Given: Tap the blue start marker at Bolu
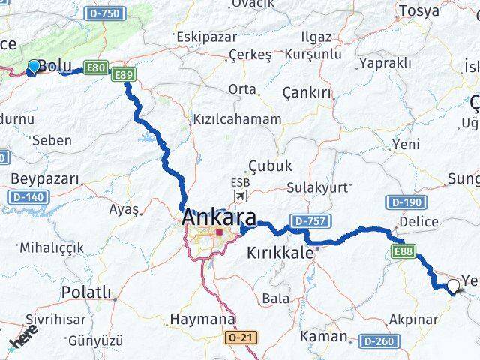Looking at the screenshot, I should click(33, 67).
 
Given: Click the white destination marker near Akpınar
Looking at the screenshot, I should click(453, 286).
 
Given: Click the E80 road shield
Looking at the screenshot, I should click(96, 68).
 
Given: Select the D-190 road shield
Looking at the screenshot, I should click(406, 202).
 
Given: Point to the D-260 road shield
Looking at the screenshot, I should click(376, 340).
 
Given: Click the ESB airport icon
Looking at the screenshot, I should click(240, 196).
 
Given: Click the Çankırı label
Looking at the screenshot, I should click(307, 92).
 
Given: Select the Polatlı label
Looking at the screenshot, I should click(85, 292).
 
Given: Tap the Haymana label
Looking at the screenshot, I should click(202, 319).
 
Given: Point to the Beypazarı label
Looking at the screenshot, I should click(45, 178).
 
